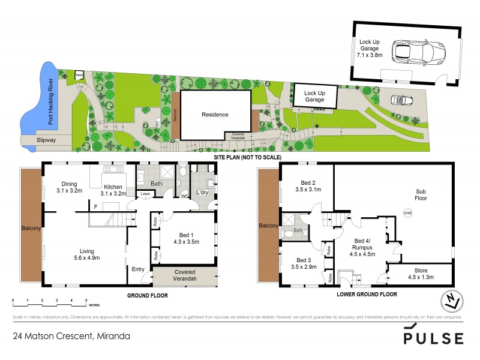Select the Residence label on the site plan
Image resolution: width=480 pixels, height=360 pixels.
[215, 114]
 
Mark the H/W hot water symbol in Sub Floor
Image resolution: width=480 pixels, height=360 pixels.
[407, 212]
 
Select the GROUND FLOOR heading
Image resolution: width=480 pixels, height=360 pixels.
[146, 296]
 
